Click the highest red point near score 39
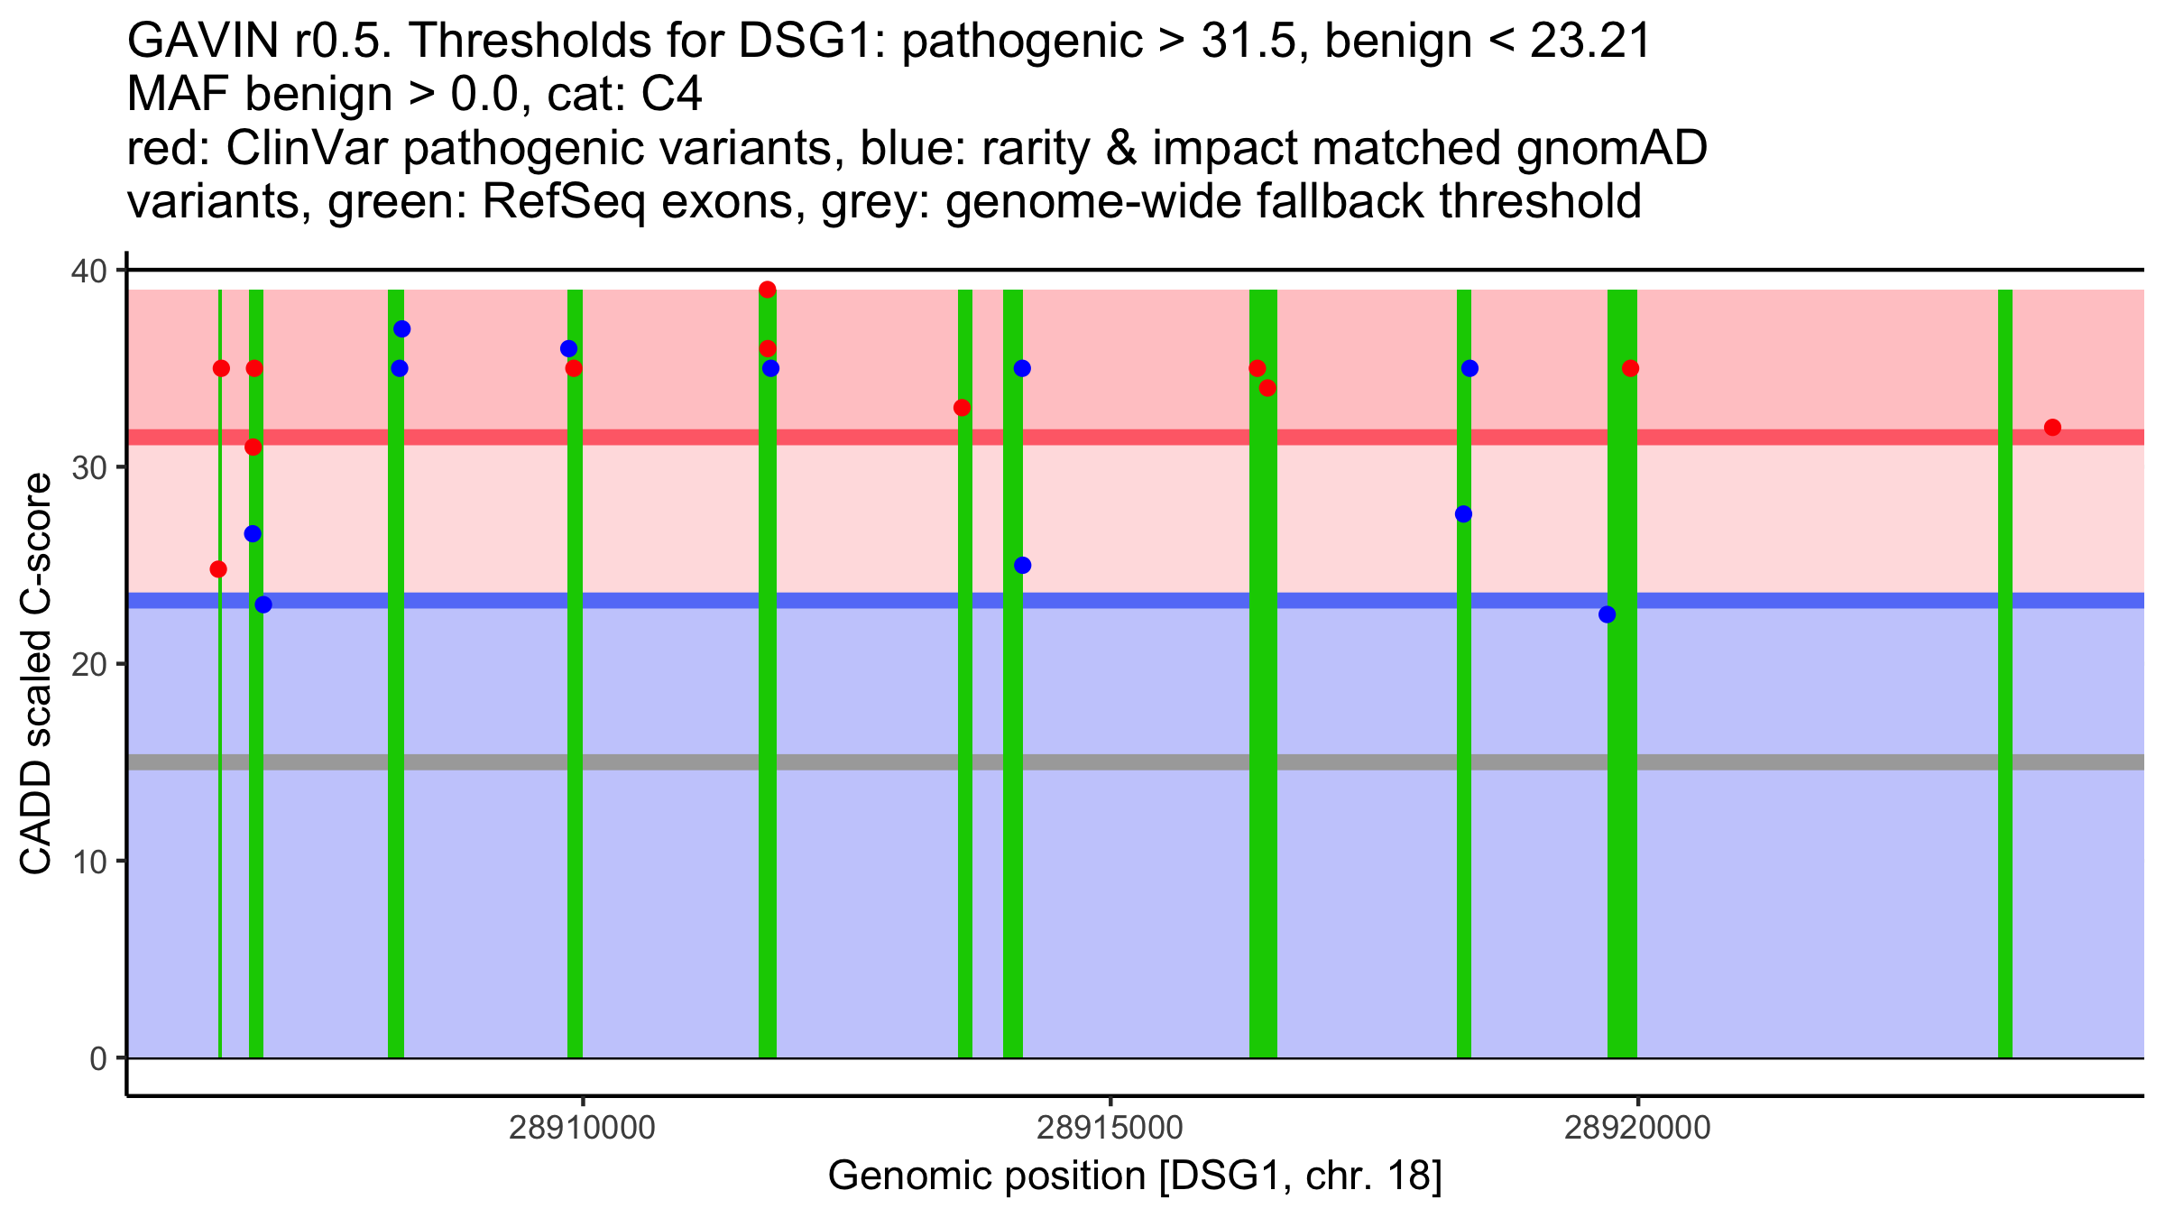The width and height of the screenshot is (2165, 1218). [768, 290]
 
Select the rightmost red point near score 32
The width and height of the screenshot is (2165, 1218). [2052, 428]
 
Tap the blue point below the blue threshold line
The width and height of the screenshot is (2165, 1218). [1607, 614]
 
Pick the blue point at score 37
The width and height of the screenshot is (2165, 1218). [402, 329]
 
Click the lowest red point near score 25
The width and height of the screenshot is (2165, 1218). [218, 569]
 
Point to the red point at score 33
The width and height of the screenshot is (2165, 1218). [962, 408]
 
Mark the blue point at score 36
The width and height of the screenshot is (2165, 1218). [568, 349]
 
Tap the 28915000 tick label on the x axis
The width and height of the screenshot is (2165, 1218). [1110, 1128]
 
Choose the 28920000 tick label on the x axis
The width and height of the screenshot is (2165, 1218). [1637, 1128]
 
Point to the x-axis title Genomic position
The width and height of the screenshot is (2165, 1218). [1135, 1176]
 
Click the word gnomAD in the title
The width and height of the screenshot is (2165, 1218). [1611, 148]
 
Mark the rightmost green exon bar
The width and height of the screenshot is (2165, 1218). [2004, 677]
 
